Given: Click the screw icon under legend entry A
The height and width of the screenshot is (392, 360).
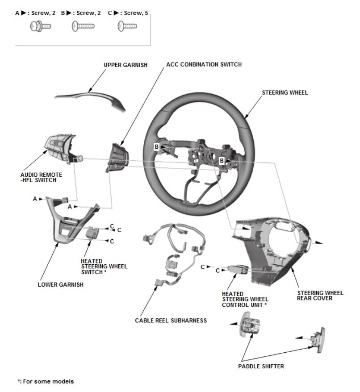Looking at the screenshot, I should click(x=40, y=26).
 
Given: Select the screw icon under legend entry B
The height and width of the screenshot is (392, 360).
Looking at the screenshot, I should click(x=83, y=27).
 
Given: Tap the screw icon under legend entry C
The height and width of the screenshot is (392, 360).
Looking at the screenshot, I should click(x=127, y=27).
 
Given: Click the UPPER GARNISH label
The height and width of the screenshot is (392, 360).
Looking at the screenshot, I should click(x=126, y=65).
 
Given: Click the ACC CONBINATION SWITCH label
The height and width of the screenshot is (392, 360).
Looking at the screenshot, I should click(x=204, y=64).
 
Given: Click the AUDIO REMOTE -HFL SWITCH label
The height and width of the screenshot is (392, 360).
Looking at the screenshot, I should click(x=41, y=177).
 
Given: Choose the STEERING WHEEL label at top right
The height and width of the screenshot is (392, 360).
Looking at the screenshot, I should click(x=285, y=93).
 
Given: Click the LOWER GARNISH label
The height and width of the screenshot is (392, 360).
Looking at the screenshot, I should click(x=60, y=284).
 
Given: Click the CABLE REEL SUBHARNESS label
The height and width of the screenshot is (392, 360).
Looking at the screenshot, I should click(x=171, y=320).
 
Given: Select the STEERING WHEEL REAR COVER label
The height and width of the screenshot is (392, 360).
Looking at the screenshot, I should click(x=320, y=296).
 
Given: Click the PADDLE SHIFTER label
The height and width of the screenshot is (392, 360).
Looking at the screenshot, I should click(x=261, y=366).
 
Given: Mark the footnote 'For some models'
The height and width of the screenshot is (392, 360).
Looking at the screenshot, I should click(x=46, y=381).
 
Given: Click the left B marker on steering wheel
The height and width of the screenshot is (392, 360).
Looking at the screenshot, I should click(x=157, y=146).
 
